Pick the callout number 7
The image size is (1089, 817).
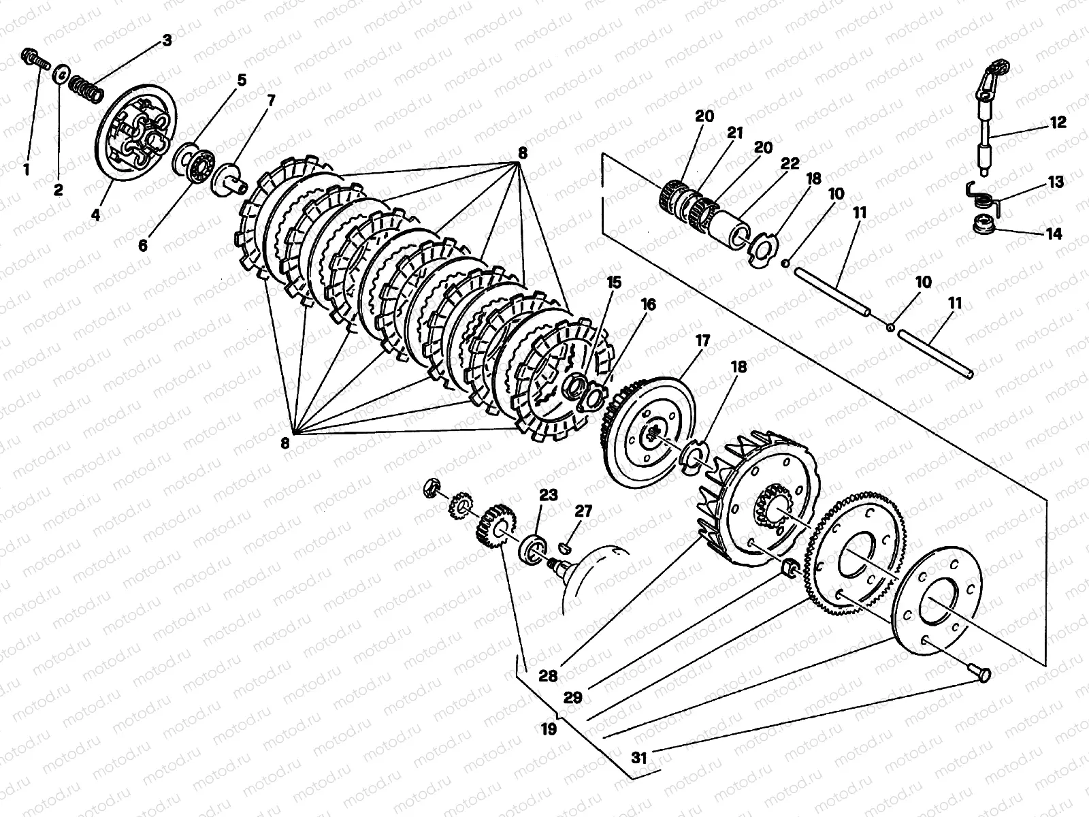click(271, 100)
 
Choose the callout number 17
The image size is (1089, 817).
click(702, 339)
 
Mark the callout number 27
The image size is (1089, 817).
click(583, 511)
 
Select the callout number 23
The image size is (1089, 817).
click(549, 495)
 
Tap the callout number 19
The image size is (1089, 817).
click(549, 730)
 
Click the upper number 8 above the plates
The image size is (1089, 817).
click(522, 154)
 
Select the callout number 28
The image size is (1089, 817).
click(549, 676)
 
